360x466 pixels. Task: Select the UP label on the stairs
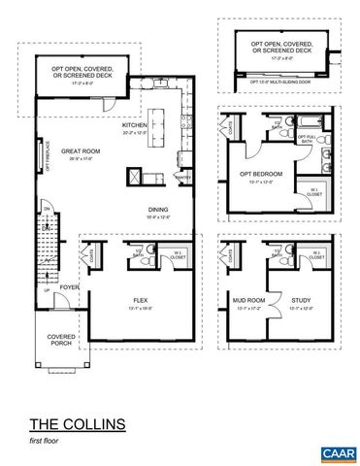(43, 287)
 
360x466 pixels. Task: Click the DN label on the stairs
(43, 206)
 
